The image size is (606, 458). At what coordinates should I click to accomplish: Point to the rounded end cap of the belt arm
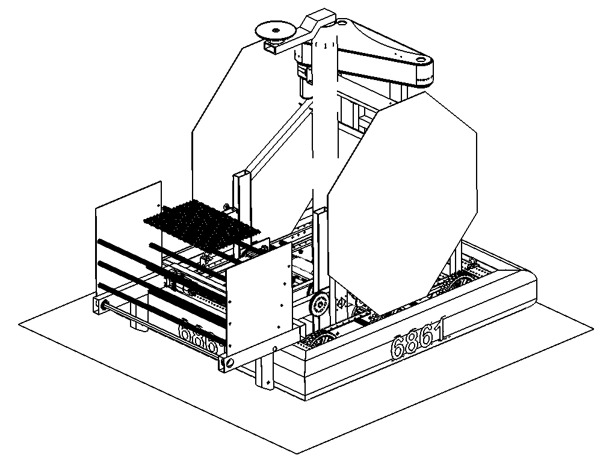click(424, 69)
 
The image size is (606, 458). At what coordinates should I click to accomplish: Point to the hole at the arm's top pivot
click(341, 23)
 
